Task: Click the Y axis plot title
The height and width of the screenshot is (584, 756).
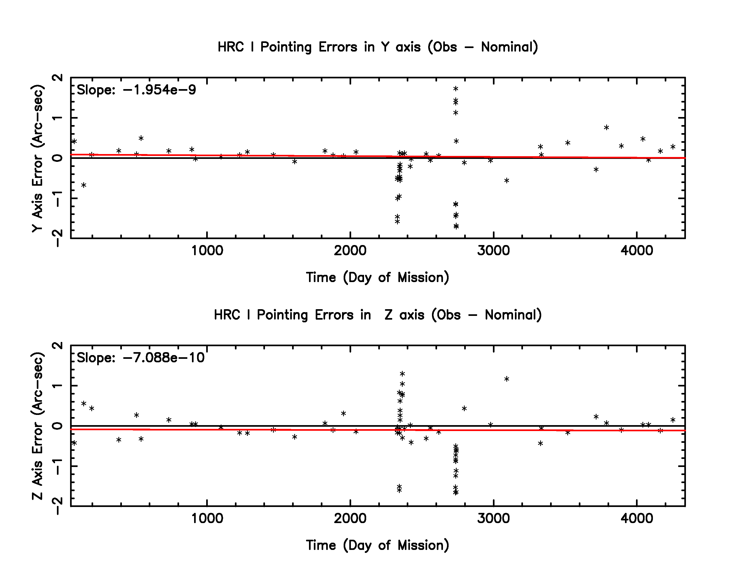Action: tap(378, 47)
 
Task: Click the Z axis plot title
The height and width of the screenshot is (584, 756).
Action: tap(378, 315)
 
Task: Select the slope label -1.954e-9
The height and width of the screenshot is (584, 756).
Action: tap(136, 90)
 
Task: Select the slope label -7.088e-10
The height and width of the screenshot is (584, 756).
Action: tap(140, 358)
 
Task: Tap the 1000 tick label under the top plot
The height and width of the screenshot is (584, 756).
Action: tap(207, 250)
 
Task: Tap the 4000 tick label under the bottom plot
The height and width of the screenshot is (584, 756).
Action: tap(637, 518)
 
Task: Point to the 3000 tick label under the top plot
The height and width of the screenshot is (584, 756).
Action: tap(493, 250)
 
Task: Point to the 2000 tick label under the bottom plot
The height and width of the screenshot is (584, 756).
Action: tap(350, 518)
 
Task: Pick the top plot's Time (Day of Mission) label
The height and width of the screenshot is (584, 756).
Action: tap(378, 278)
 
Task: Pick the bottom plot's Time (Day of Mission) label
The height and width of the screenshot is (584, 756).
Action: tap(378, 545)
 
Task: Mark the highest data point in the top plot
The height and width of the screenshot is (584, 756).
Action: tap(456, 89)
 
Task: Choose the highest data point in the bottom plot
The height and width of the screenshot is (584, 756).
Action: tap(402, 374)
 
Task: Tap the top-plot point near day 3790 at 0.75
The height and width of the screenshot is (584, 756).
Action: tap(606, 127)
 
